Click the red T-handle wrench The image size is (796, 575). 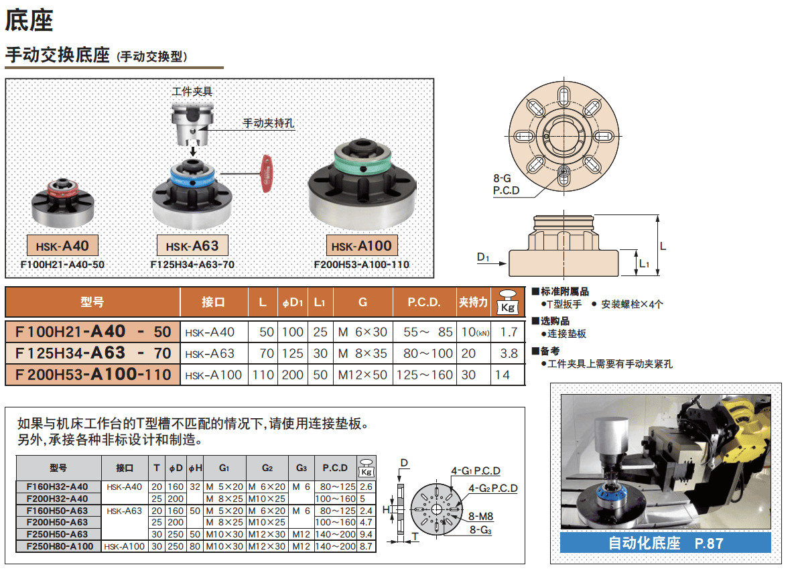click(266, 174)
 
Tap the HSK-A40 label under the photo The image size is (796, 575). click(62, 246)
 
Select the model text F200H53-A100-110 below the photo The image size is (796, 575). click(361, 264)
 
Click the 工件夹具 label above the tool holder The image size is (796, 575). click(192, 91)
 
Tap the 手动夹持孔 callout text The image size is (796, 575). click(269, 123)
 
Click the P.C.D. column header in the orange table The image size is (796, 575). click(424, 302)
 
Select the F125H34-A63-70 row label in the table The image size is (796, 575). click(93, 353)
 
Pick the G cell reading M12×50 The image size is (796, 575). click(362, 375)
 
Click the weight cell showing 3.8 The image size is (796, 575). click(509, 354)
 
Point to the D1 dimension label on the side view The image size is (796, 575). click(483, 257)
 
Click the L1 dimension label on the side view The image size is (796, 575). click(644, 263)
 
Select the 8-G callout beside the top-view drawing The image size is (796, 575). click(502, 178)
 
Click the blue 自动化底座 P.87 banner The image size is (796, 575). click(665, 543)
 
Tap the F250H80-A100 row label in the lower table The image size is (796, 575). click(60, 547)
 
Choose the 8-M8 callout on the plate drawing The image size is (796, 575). click(480, 516)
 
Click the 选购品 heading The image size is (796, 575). click(554, 321)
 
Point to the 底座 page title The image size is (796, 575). click(29, 21)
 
